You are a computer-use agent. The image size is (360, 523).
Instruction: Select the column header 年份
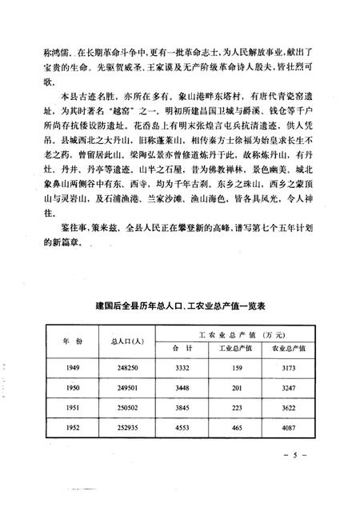[72, 340]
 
